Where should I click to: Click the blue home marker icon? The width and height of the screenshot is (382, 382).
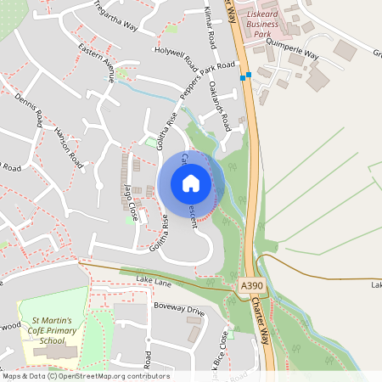click(191, 183)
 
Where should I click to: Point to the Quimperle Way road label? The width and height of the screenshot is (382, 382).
click(293, 53)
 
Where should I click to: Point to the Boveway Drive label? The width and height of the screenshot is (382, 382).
click(178, 308)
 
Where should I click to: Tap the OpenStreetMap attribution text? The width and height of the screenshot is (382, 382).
click(86, 375)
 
